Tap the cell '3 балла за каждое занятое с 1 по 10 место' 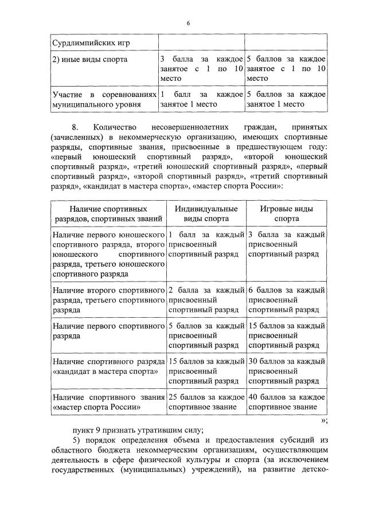(x=202, y=68)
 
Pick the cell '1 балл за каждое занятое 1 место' (x=202, y=99)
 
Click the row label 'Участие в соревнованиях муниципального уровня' (x=104, y=99)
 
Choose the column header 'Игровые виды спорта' (x=286, y=213)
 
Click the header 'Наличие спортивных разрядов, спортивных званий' (x=104, y=213)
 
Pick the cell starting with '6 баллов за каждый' (x=286, y=299)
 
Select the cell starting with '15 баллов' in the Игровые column (x=286, y=335)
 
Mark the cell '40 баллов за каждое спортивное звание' (x=286, y=402)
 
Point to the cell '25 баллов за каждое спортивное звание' (x=206, y=402)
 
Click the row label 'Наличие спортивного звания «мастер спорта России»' (x=104, y=402)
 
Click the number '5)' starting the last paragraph (x=76, y=442)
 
